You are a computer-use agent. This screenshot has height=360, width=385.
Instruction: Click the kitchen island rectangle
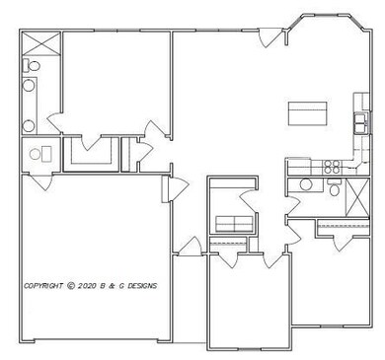308,113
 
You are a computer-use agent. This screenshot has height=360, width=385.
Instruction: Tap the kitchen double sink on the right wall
361,124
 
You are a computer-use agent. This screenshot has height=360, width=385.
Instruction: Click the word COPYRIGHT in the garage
44,286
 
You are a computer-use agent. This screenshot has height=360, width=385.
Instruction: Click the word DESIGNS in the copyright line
139,286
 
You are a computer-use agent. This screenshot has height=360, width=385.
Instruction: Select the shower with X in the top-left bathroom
39,44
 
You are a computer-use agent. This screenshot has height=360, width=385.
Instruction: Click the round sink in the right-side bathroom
307,184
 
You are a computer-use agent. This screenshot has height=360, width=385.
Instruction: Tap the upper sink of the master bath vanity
28,87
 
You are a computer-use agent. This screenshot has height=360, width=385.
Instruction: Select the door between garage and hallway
174,187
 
